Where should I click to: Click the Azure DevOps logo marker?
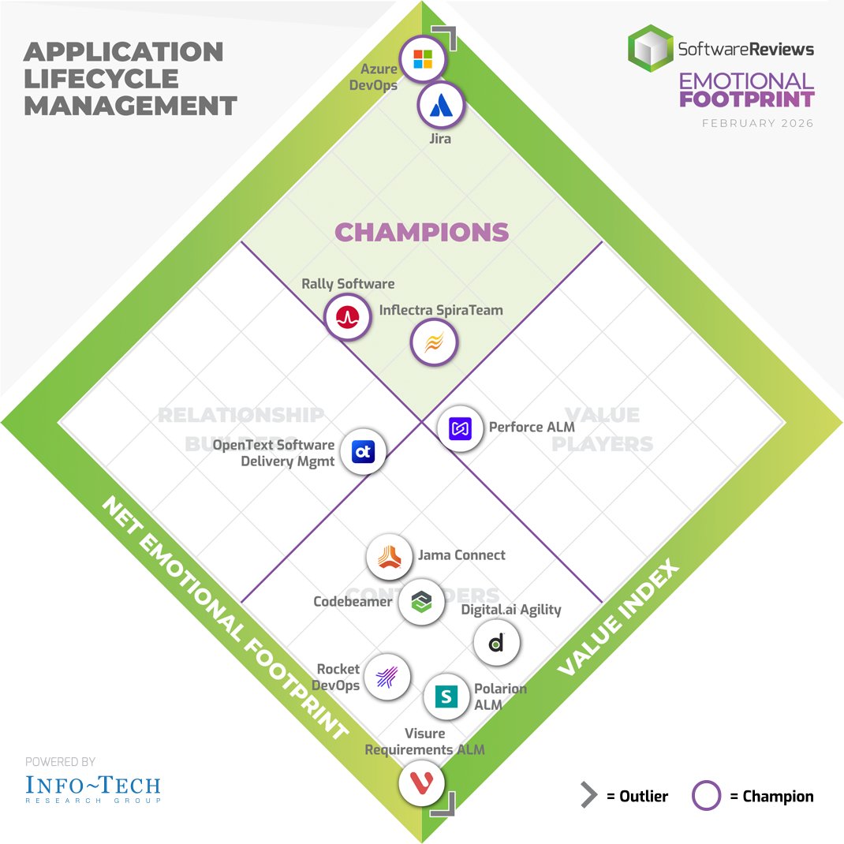[423, 59]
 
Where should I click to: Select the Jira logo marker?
[442, 106]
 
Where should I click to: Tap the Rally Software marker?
[347, 317]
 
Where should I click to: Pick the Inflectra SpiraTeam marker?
[434, 343]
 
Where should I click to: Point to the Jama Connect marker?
[390, 557]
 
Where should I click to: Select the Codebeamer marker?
[420, 603]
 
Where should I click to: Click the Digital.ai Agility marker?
[496, 643]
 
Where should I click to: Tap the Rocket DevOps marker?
[387, 676]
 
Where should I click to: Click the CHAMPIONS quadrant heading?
[422, 232]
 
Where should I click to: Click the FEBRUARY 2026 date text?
[757, 123]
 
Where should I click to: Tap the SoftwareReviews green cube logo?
[650, 49]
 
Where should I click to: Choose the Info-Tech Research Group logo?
[92, 787]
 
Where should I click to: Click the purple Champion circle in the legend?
[706, 796]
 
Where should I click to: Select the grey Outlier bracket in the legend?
[588, 796]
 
